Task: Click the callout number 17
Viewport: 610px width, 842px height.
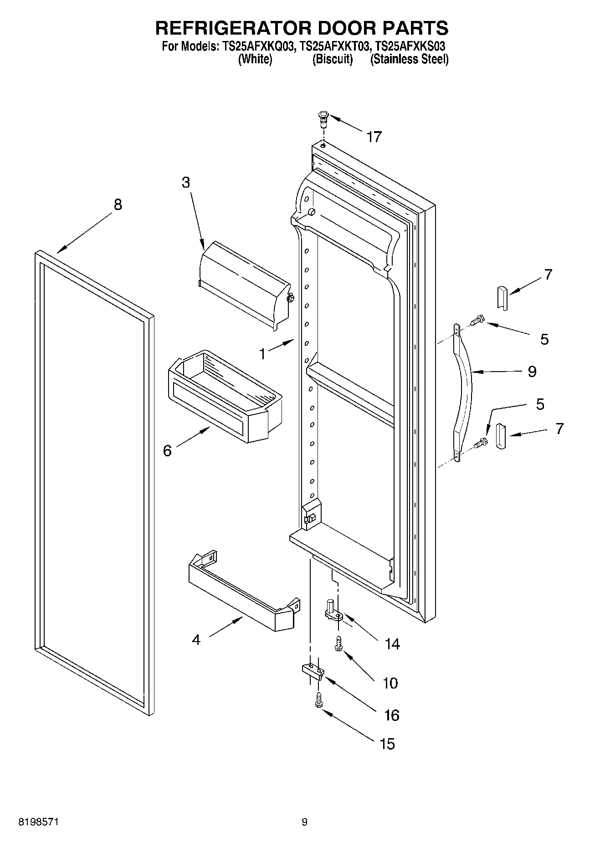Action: [x=374, y=137]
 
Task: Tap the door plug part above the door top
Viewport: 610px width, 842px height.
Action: [x=323, y=119]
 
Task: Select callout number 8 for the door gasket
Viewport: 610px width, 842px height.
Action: [x=118, y=204]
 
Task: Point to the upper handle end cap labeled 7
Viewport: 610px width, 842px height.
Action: [x=502, y=298]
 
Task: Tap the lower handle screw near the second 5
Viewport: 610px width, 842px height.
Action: [x=480, y=442]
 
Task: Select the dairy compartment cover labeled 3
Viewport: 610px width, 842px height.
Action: [x=244, y=285]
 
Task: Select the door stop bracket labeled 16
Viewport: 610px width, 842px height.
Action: [x=313, y=671]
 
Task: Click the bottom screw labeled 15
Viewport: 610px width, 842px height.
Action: [x=318, y=700]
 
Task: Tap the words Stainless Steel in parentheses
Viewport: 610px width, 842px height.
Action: [x=409, y=59]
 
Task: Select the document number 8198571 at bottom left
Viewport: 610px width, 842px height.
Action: [x=38, y=822]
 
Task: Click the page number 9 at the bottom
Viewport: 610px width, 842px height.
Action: [x=304, y=822]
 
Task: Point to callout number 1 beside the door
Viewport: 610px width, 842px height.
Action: [x=262, y=353]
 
